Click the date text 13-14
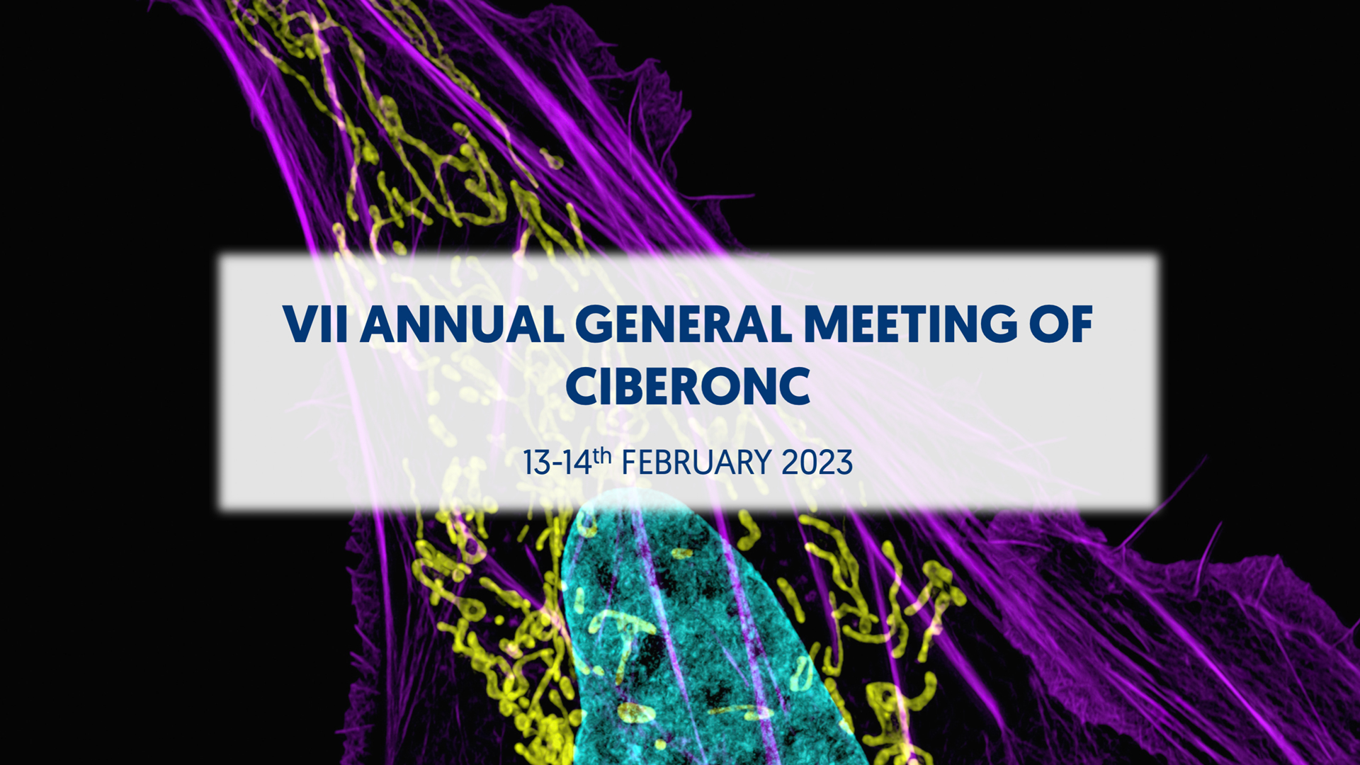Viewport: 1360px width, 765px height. tap(557, 463)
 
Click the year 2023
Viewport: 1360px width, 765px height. tap(817, 463)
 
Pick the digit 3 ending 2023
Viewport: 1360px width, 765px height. tap(844, 463)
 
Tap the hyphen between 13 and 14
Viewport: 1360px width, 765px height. tap(557, 465)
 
